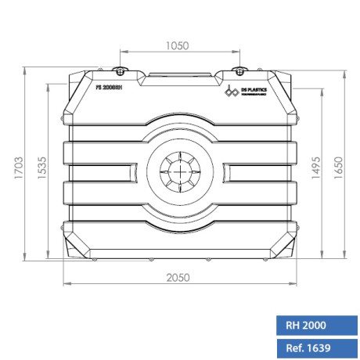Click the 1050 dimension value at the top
[x=178, y=46]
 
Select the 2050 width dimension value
[x=180, y=278]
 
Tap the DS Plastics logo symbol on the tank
[x=232, y=92]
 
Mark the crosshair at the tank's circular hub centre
[x=180, y=171]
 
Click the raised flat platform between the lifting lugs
[x=180, y=77]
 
